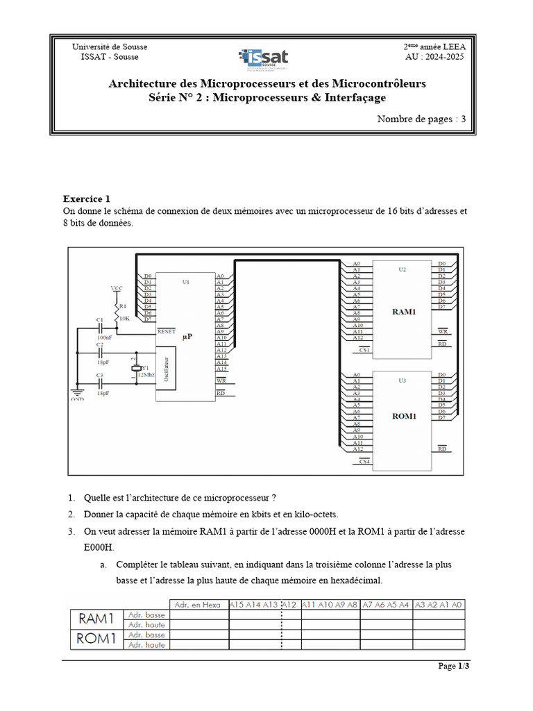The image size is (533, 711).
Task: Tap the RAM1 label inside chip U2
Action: (405, 312)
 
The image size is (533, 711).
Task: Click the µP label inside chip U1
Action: (187, 336)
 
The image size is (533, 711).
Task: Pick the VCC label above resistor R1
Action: (117, 287)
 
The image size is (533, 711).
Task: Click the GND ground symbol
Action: (78, 397)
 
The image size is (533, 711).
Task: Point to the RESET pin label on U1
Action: (167, 331)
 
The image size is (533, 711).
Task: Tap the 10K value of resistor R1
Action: (125, 318)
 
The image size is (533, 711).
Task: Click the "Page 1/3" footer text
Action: (453, 667)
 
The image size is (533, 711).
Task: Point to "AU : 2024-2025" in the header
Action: (435, 56)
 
